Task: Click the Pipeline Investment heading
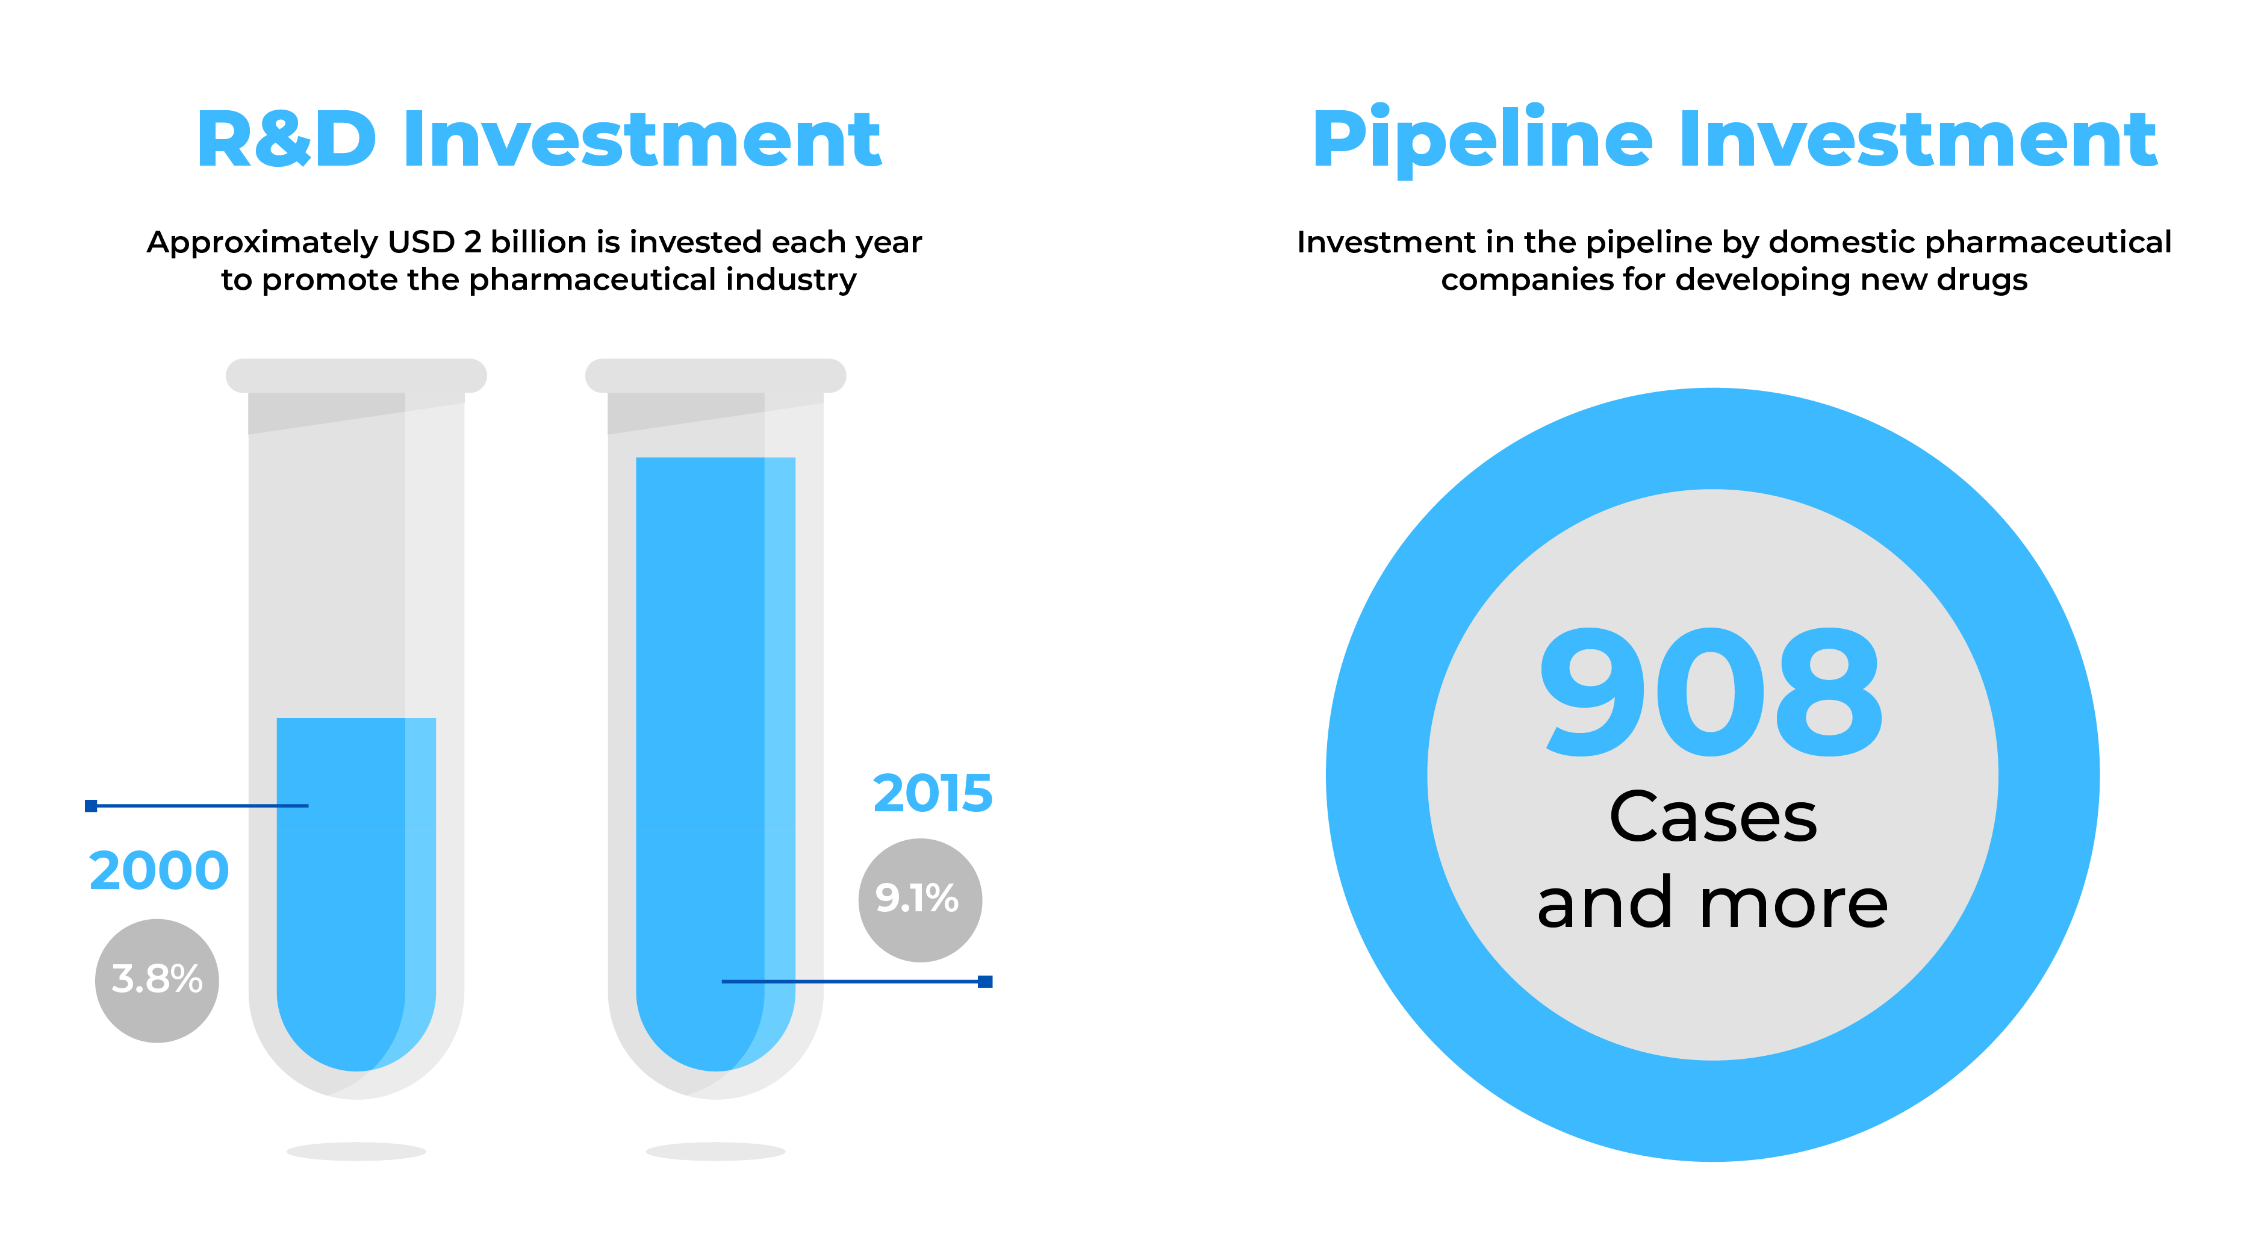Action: (1734, 140)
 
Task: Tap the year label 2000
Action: (158, 871)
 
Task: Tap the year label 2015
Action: (933, 794)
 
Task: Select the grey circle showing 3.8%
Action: (157, 981)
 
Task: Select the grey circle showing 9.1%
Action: (919, 900)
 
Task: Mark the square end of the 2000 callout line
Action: (91, 806)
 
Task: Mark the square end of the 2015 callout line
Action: (985, 981)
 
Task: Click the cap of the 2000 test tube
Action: (356, 375)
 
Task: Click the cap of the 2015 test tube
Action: (715, 375)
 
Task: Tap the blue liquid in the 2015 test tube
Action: (715, 764)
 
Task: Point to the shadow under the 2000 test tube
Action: (356, 1151)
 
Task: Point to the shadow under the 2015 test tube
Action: (715, 1151)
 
